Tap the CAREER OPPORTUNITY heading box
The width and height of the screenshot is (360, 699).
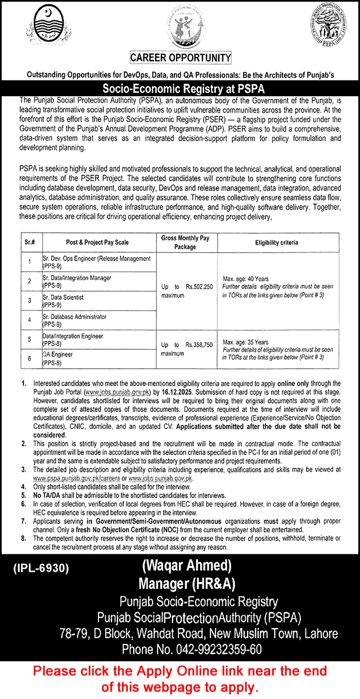pos(181,58)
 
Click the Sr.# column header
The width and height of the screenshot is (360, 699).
pos(30,243)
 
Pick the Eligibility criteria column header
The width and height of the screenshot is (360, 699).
pos(276,243)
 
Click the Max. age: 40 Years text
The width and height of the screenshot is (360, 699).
pos(246,279)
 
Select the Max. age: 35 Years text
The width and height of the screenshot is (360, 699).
pos(246,342)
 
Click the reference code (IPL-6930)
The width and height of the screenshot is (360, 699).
pos(41,569)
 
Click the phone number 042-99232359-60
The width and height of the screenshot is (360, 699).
pos(192,649)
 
